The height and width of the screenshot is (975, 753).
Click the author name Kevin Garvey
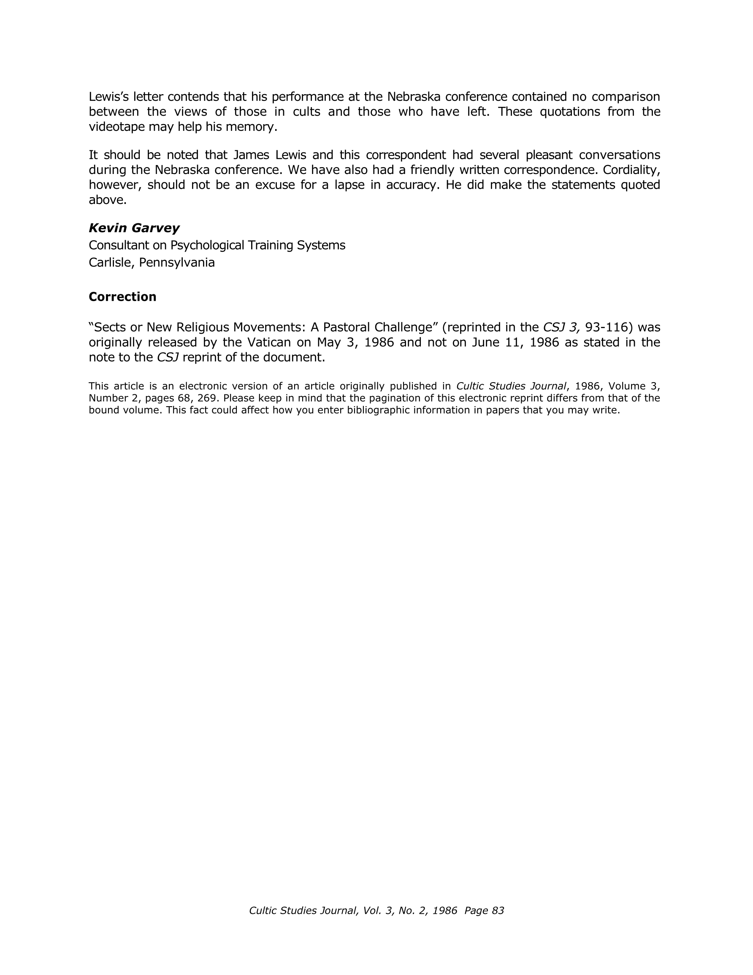point(134,228)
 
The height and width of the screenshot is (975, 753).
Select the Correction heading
point(122,297)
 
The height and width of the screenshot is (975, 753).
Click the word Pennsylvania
point(177,263)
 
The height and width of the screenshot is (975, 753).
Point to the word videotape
point(116,127)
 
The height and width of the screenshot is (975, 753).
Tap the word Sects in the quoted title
point(110,327)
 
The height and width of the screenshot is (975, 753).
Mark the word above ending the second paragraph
point(107,200)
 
